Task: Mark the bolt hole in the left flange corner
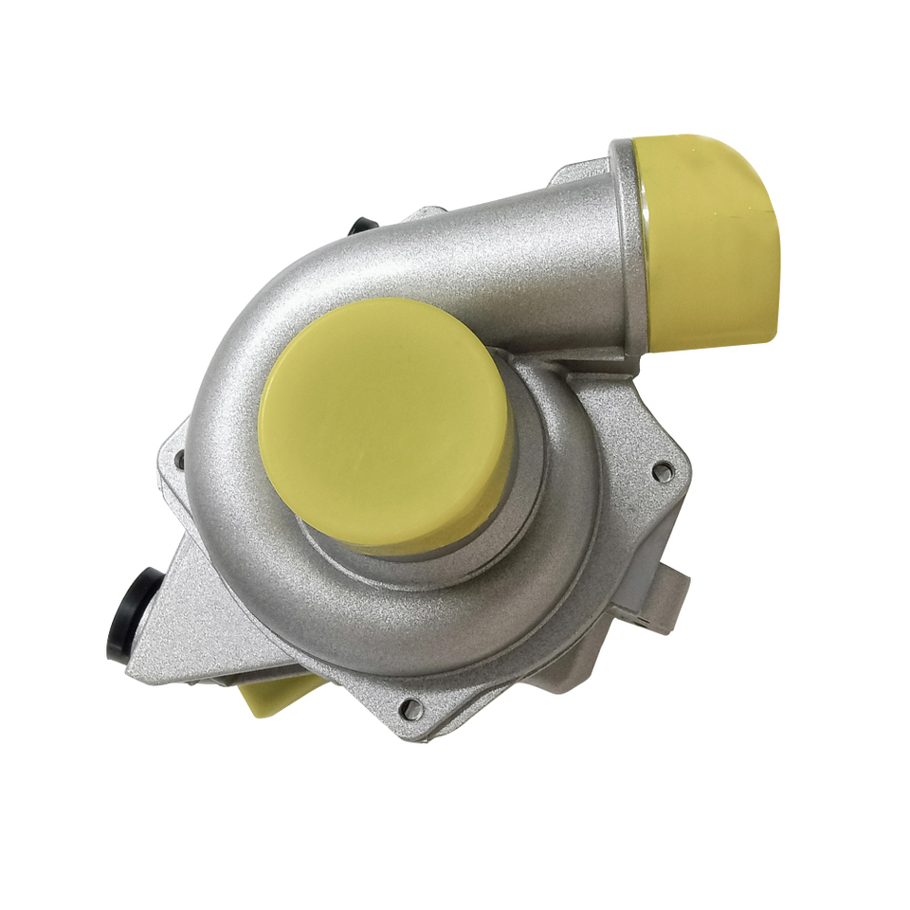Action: click(179, 461)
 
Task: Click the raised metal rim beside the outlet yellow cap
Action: click(629, 246)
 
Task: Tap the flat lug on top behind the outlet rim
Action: click(573, 175)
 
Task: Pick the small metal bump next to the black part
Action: click(427, 213)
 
